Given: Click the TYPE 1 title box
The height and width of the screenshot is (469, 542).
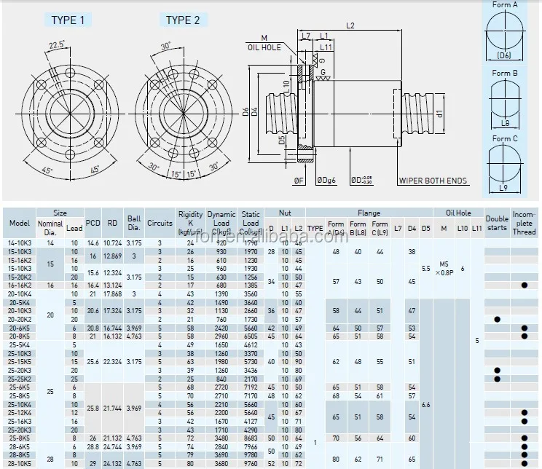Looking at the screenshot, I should (x=72, y=20).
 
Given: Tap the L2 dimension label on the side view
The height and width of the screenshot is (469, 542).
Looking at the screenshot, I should (x=350, y=25).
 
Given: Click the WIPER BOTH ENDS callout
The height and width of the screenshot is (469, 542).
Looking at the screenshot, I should (x=433, y=181).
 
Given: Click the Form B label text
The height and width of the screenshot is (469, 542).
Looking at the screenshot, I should (x=505, y=73).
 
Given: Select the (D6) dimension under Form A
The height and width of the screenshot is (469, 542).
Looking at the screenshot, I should (x=504, y=55).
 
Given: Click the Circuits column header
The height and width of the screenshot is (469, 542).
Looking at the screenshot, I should (x=160, y=224).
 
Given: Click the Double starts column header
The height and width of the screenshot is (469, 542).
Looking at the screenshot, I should (x=497, y=223).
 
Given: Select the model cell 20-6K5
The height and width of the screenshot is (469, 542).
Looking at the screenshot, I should (x=20, y=328).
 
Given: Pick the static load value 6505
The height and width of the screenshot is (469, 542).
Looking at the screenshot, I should (x=250, y=336).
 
